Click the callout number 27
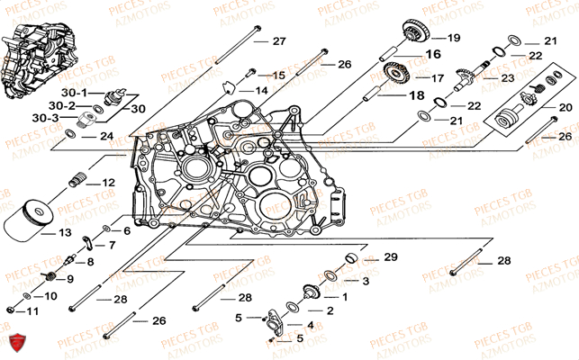click(x=278, y=41)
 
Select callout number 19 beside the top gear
click(x=452, y=38)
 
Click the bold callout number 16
click(x=434, y=55)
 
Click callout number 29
click(x=390, y=258)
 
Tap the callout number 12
click(x=108, y=183)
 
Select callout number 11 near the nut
click(x=32, y=311)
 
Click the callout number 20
click(x=566, y=107)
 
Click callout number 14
click(x=260, y=91)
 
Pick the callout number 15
click(x=277, y=75)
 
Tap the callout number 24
click(x=106, y=137)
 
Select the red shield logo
click(x=14, y=342)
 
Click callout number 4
click(x=310, y=325)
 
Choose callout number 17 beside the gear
click(x=436, y=77)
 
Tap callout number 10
click(x=50, y=295)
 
